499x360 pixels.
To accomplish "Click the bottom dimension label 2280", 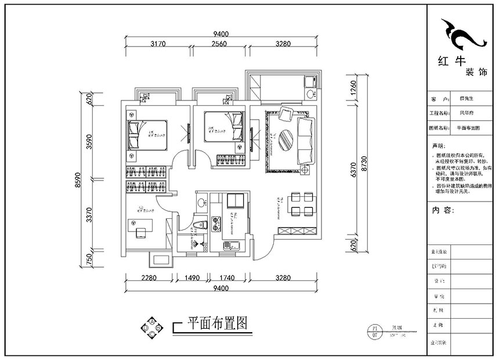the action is pyautogui.click(x=149, y=278).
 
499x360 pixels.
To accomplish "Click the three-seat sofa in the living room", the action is pyautogui.click(x=306, y=139).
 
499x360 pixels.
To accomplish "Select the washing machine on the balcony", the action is pyautogui.click(x=309, y=92).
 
